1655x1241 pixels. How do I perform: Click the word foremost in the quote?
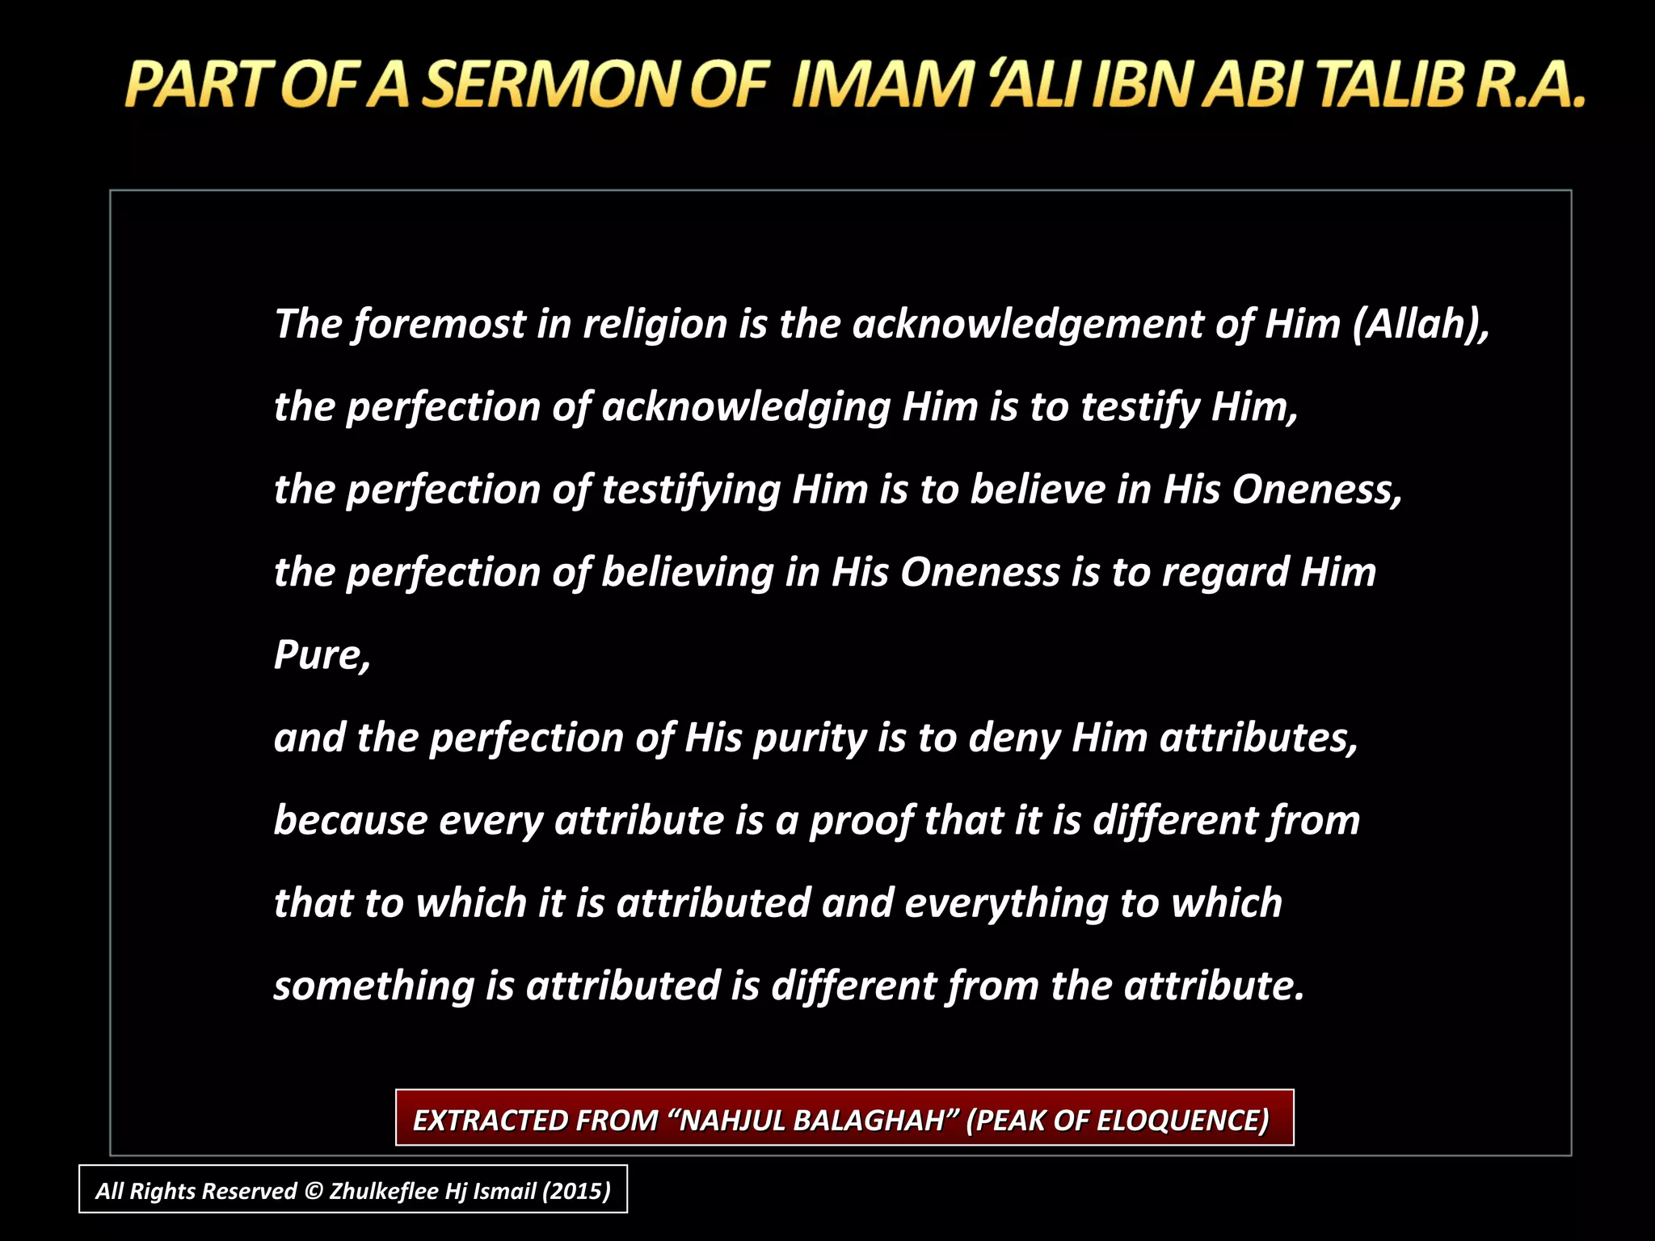[x=439, y=325]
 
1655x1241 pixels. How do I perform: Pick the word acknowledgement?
[x=1027, y=325]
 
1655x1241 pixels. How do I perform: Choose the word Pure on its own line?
[x=321, y=655]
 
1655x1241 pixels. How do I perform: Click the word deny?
[x=1013, y=738]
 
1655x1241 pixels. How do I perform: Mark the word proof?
[x=861, y=821]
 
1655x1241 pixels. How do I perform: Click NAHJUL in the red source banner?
[x=731, y=1121]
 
